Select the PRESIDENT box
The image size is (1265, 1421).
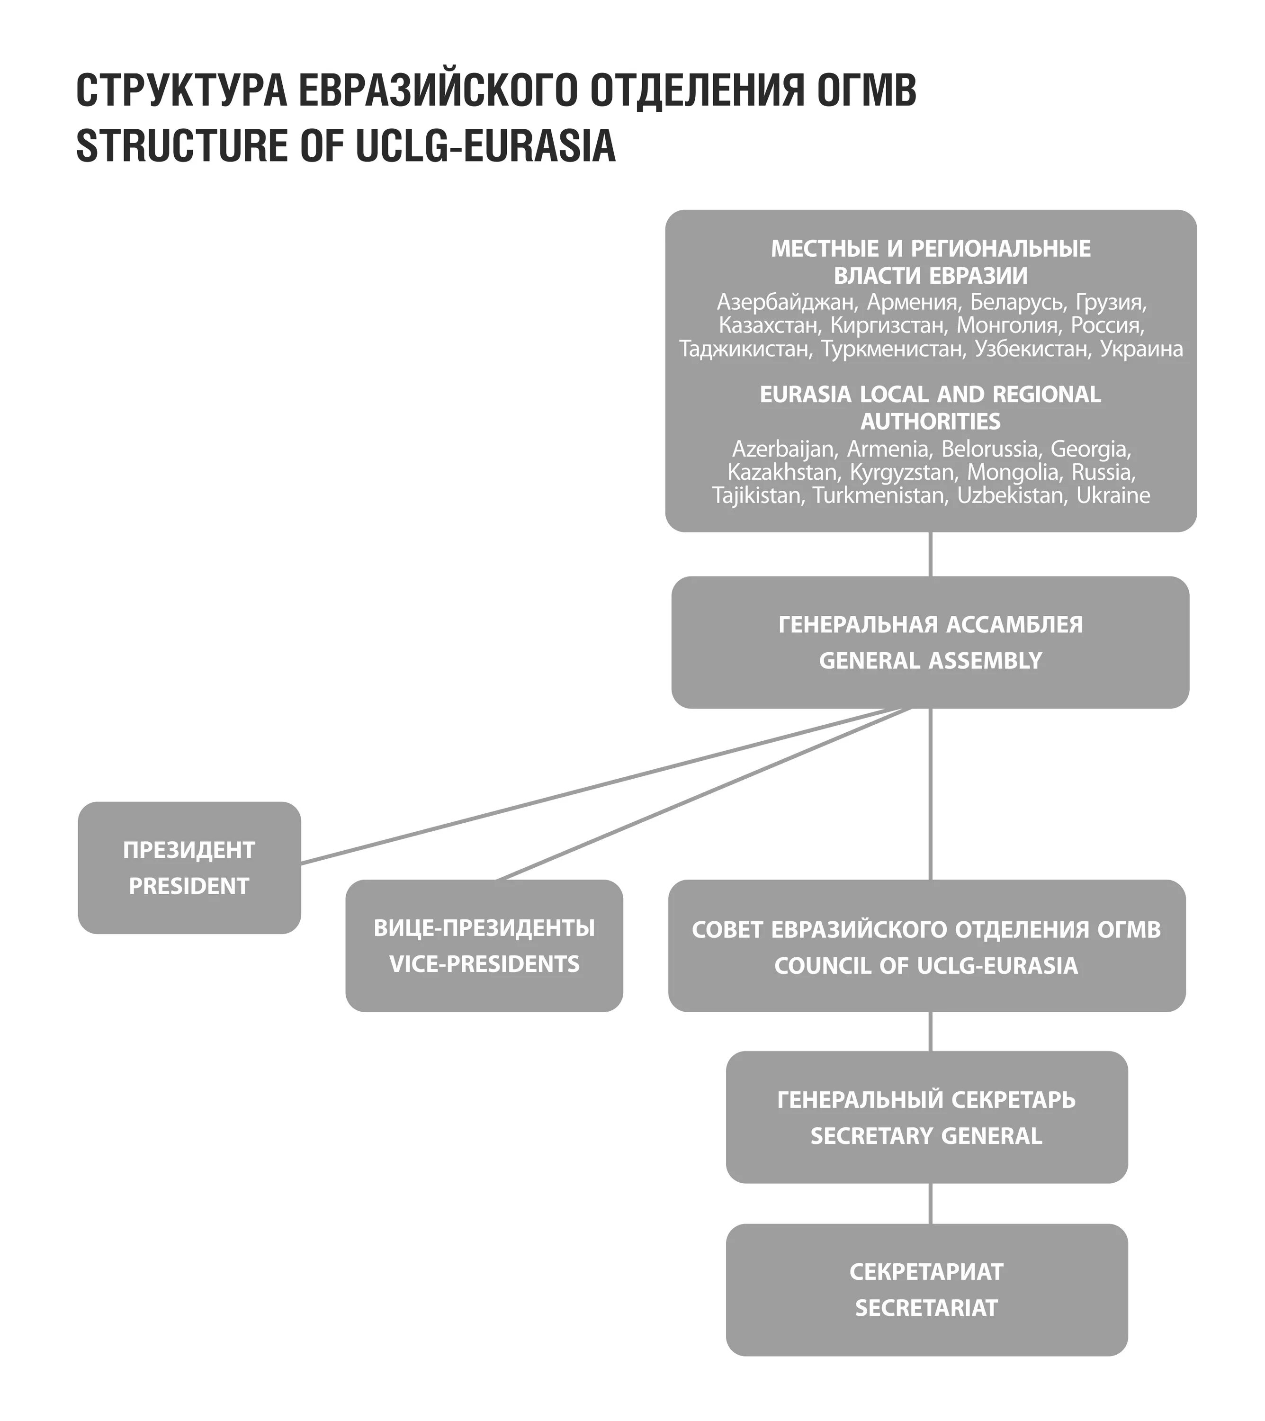[x=189, y=868]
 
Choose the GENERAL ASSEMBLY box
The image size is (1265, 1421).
[x=930, y=642]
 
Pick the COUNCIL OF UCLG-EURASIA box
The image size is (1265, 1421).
[x=926, y=947]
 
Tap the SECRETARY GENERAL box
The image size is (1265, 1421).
[x=926, y=1117]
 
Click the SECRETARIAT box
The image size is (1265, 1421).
[x=926, y=1290]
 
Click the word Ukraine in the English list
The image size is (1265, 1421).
[x=1113, y=495]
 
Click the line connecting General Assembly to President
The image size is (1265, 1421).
[x=591, y=787]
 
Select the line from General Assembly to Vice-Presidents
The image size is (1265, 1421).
[x=702, y=795]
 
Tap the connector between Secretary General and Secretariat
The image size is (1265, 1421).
[x=930, y=1204]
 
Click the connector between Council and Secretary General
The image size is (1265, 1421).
[x=930, y=1031]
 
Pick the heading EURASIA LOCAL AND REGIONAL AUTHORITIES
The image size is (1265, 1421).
[x=930, y=407]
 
